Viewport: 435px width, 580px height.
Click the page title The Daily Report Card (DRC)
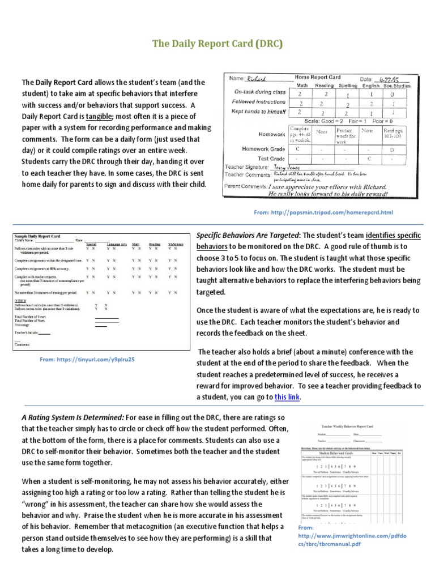pyautogui.click(x=217, y=43)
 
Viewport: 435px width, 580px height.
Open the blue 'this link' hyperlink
pyautogui.click(x=287, y=397)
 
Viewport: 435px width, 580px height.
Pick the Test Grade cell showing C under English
pyautogui.click(x=369, y=159)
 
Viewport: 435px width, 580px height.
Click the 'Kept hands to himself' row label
pyautogui.click(x=259, y=112)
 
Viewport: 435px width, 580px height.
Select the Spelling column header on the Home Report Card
pyautogui.click(x=348, y=85)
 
